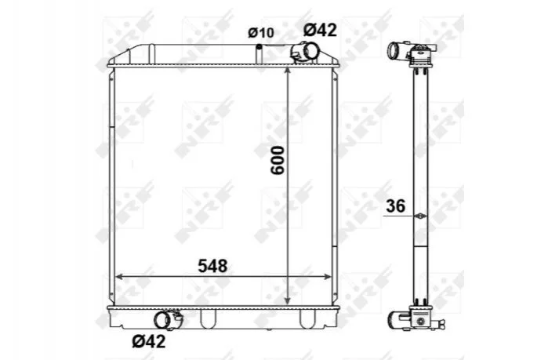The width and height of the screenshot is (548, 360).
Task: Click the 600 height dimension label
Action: pos(278,161)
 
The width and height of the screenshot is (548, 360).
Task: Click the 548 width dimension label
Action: pos(212,266)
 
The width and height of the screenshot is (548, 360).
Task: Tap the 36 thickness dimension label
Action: pos(396,206)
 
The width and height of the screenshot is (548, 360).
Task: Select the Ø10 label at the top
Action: pos(261,33)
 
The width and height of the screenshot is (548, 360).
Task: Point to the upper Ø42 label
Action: pos(320,30)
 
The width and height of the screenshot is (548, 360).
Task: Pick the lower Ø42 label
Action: pos(148,340)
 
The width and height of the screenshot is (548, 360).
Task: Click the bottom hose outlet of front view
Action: pos(168,320)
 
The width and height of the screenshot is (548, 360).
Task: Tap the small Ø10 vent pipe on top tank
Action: pos(259,53)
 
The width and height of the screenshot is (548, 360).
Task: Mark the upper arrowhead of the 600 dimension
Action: pos(287,71)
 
